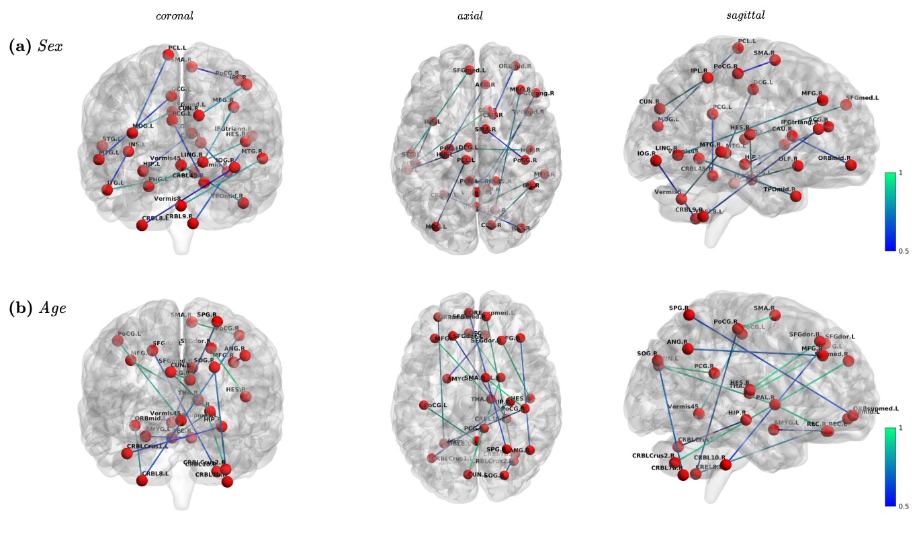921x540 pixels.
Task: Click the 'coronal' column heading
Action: (175, 15)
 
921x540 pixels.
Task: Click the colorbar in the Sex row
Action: (890, 212)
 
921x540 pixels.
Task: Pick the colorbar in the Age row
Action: (890, 466)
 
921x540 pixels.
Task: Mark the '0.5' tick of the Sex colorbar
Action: (904, 251)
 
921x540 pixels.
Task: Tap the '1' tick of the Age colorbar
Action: (901, 427)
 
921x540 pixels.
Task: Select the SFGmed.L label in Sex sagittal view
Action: (863, 98)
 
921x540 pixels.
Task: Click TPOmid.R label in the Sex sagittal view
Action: (781, 189)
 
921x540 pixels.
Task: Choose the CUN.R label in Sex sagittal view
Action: (651, 102)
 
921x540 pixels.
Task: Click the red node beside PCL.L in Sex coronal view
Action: (168, 54)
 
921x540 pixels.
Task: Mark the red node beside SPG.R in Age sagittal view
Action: (688, 315)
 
